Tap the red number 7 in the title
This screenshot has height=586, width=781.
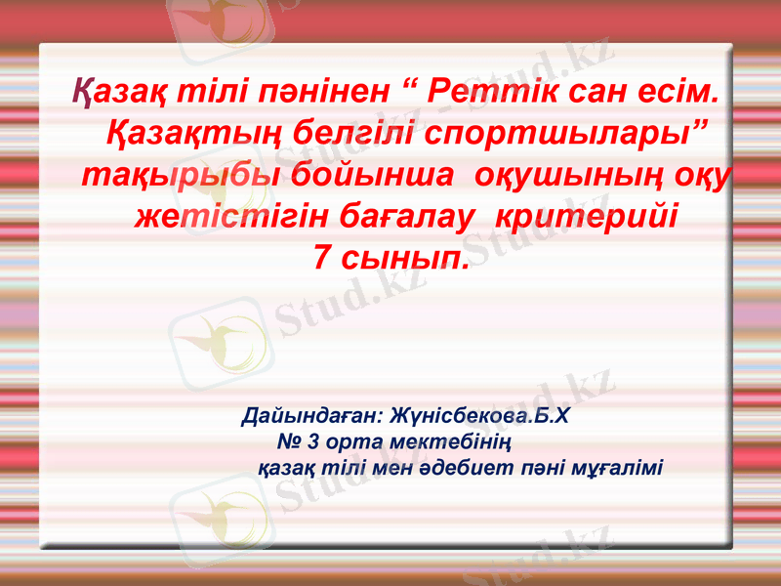(321, 257)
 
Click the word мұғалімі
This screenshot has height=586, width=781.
(614, 466)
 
